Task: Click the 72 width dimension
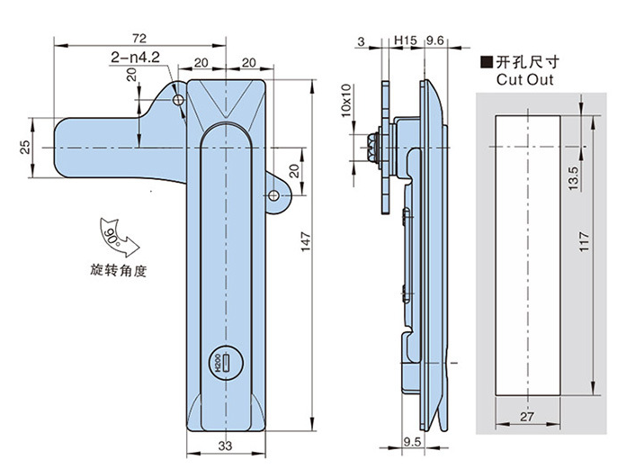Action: coord(139,39)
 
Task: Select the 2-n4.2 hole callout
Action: coord(135,58)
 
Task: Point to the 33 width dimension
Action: coord(226,444)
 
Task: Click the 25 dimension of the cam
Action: coord(24,145)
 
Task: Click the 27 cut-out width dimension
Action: coord(527,416)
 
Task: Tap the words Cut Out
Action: coord(523,79)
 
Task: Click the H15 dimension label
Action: coord(405,41)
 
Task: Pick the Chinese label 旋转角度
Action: coord(118,269)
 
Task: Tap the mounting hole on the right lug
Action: coord(274,196)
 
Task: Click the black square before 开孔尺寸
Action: coord(486,62)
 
